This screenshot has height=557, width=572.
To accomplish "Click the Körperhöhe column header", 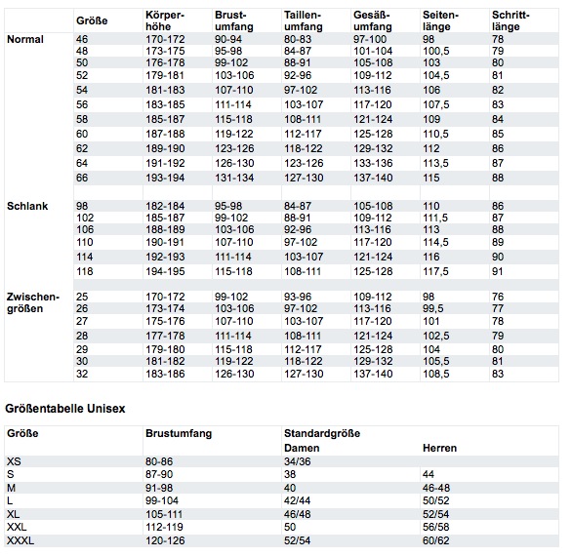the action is (x=165, y=20).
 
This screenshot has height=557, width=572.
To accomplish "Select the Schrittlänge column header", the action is (x=511, y=20).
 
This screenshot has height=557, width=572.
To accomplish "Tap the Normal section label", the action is (x=25, y=39).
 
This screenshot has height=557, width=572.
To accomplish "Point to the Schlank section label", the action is (x=27, y=206).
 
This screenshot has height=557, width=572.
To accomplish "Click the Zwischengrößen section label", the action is (x=33, y=302).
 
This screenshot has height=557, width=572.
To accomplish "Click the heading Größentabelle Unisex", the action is (x=65, y=409).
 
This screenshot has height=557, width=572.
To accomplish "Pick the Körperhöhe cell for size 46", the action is (x=165, y=39).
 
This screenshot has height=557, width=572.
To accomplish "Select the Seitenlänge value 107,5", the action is (x=436, y=104).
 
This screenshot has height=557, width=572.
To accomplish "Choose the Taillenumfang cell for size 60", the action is (x=304, y=134).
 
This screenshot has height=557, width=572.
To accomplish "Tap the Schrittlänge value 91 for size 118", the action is (x=498, y=271).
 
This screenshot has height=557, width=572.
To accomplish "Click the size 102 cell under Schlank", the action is (x=85, y=218).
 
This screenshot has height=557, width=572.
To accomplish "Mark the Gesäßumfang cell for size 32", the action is (x=373, y=374).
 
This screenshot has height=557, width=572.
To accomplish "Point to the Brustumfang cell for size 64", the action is (x=234, y=163).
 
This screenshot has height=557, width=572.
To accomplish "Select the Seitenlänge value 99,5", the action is (x=433, y=308).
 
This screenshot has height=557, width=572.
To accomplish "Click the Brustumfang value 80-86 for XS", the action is (x=159, y=461).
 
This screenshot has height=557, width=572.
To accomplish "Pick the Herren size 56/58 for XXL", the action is (x=436, y=527).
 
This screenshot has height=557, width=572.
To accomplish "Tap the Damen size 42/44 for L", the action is (x=298, y=500).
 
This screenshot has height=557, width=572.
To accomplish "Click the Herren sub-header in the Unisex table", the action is (x=439, y=448).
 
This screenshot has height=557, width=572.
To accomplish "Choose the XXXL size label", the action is (x=20, y=540).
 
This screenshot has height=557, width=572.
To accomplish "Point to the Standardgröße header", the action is (x=322, y=433).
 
